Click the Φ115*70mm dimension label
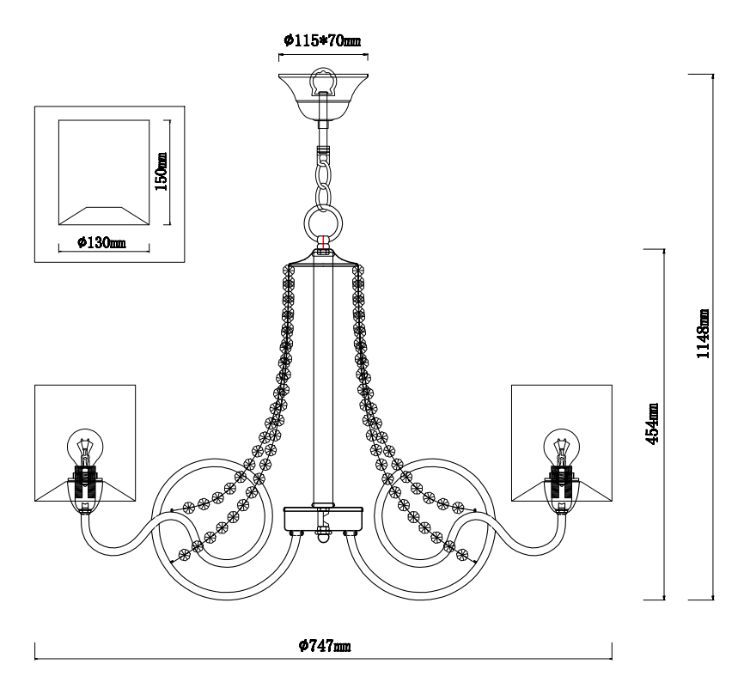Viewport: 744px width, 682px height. (322, 40)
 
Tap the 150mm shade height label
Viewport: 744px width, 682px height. (162, 171)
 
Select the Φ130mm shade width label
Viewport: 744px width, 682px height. (102, 243)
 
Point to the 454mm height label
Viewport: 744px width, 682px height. (652, 423)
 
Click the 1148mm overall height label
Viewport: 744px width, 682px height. (703, 333)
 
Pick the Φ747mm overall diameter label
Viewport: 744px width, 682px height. (325, 645)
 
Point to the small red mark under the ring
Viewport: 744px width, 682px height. (323, 242)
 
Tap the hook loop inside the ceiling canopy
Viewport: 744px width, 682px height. (323, 82)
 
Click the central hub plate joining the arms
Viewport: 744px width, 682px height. (323, 520)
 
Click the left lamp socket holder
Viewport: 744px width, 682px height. (85, 489)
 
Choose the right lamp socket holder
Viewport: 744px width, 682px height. (562, 489)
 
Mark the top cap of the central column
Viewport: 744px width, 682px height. (323, 258)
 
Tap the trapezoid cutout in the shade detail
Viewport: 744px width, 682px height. (104, 216)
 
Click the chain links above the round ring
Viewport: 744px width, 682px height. (323, 178)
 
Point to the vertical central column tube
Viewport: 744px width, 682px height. (323, 384)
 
